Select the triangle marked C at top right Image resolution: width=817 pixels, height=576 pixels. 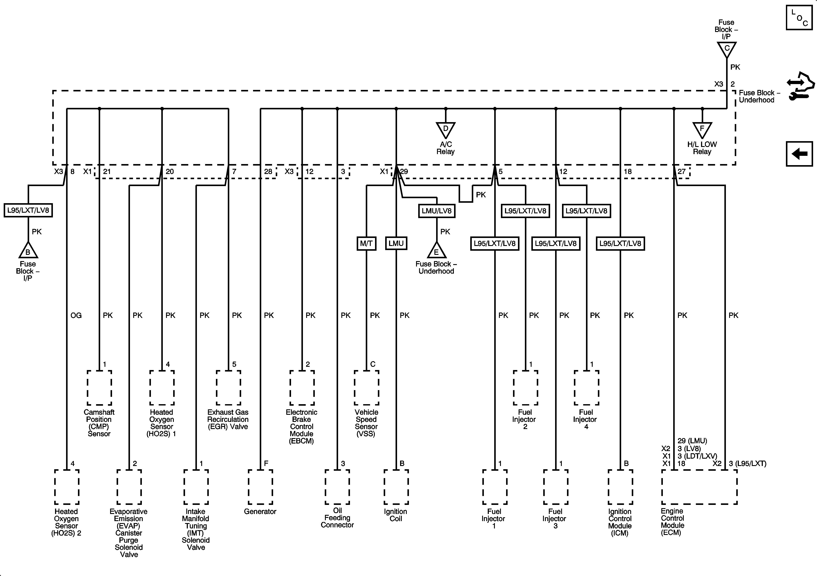pyautogui.click(x=726, y=49)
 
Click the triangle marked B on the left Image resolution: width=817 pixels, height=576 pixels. pyautogui.click(x=28, y=251)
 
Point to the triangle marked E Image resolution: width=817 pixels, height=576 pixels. pyautogui.click(x=436, y=251)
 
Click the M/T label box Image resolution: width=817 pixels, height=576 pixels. pyautogui.click(x=366, y=244)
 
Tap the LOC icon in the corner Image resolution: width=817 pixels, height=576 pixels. pyautogui.click(x=799, y=18)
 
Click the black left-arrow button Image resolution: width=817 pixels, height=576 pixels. pyautogui.click(x=799, y=154)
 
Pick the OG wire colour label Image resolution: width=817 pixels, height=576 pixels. pyautogui.click(x=76, y=315)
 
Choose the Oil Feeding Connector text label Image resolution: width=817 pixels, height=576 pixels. pyautogui.click(x=337, y=518)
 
